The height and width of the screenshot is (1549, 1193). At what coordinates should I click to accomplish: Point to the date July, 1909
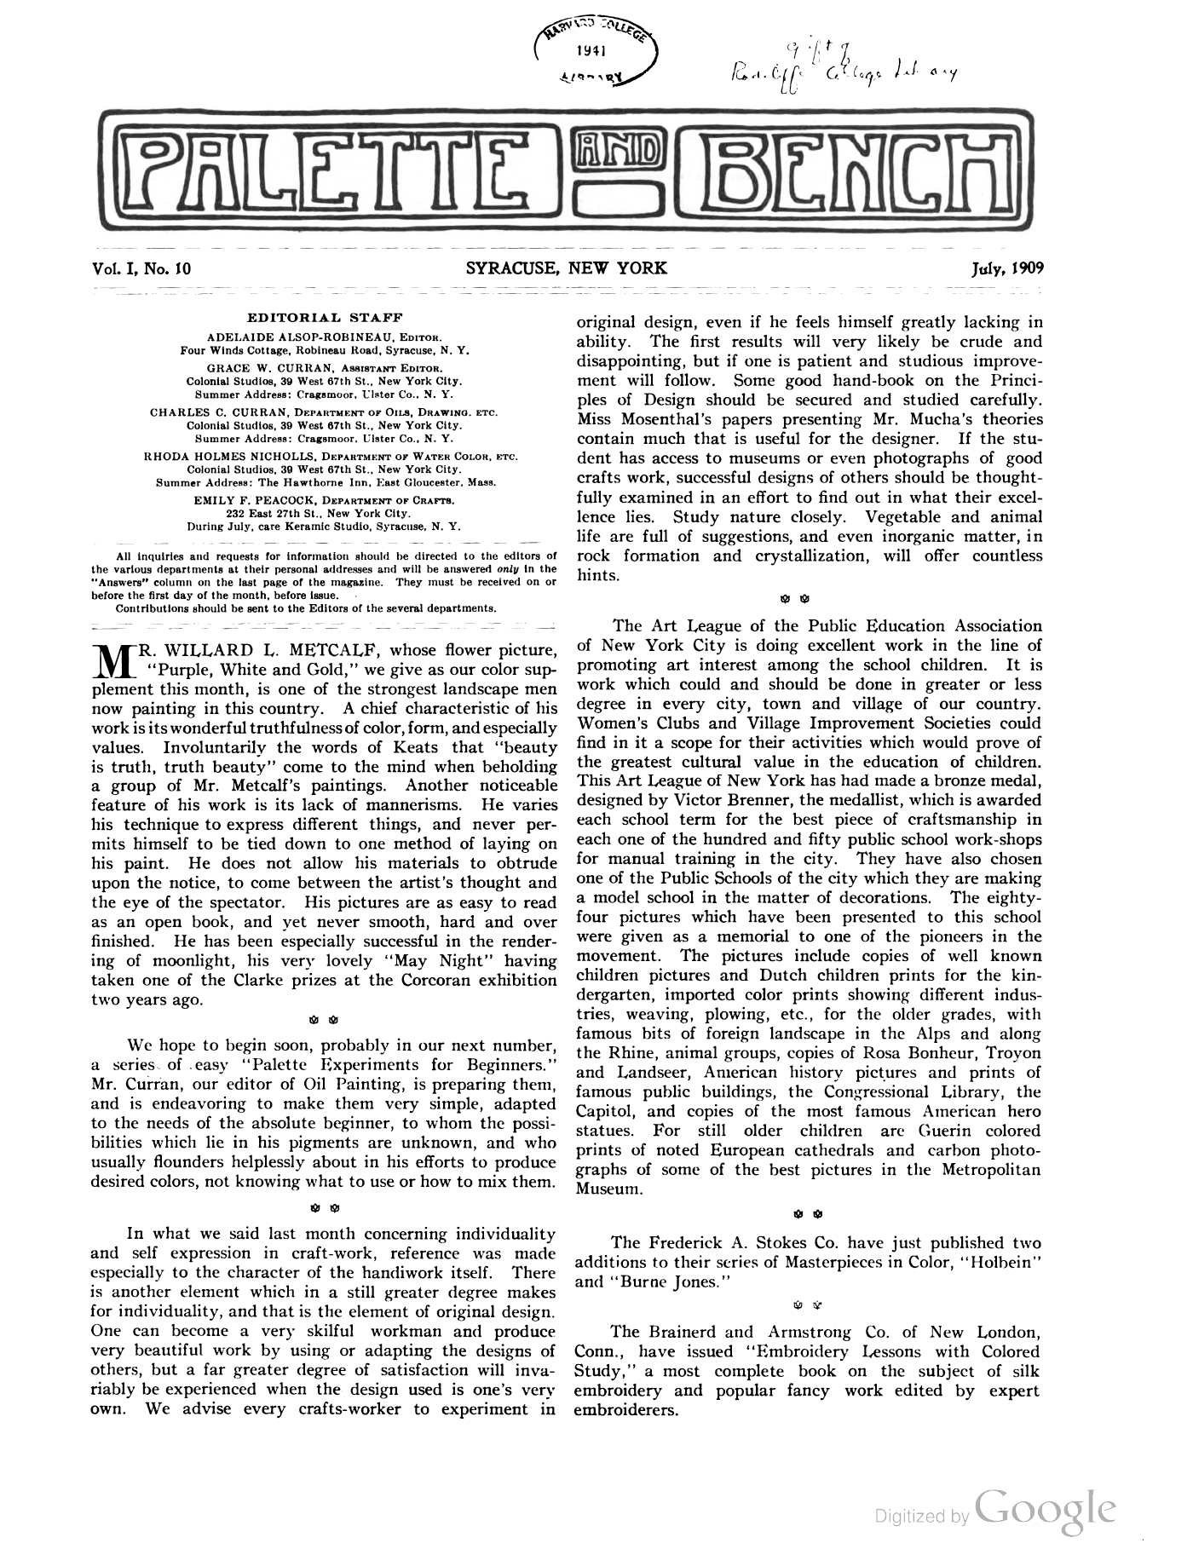tap(1008, 268)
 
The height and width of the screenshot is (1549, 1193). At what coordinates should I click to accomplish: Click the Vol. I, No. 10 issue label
tap(141, 268)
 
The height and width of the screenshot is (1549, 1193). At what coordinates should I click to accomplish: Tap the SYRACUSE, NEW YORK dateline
tap(567, 268)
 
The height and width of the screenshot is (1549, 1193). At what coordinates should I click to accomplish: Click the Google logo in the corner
tap(1046, 1510)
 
